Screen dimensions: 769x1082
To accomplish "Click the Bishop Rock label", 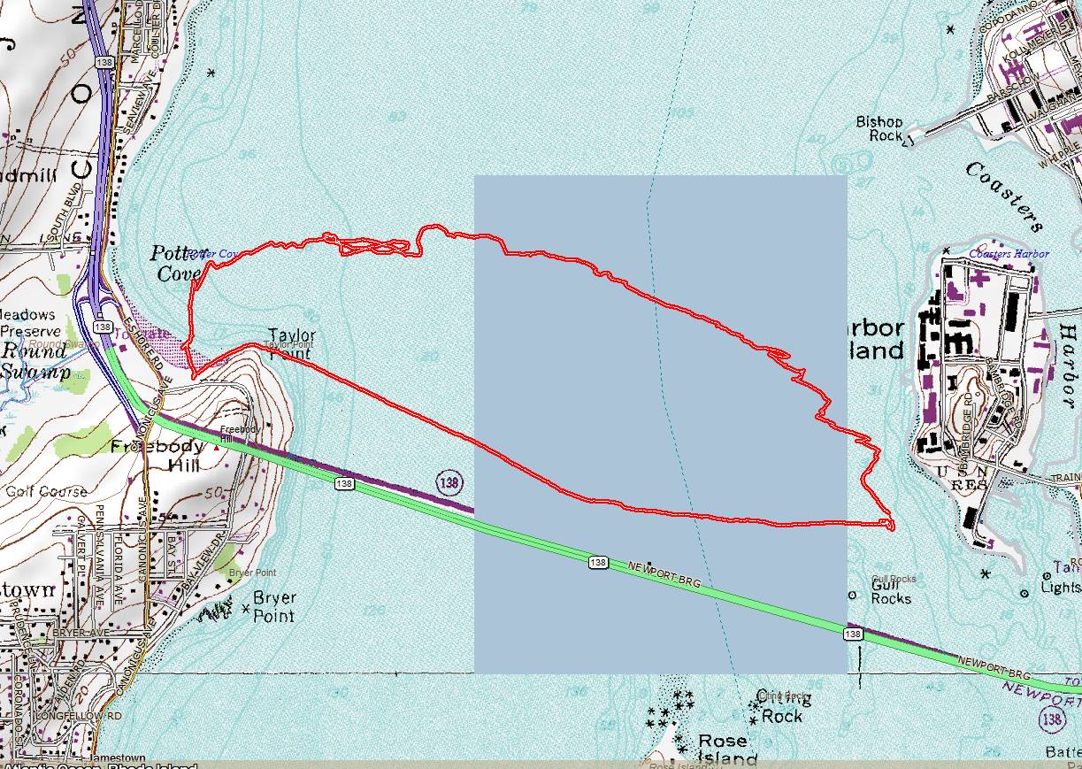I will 879,128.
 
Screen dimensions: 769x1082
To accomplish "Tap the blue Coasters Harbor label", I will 1009,254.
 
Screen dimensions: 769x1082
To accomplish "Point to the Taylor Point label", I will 291,344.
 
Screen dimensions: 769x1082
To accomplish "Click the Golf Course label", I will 47,491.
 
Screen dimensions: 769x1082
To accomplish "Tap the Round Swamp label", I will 33,361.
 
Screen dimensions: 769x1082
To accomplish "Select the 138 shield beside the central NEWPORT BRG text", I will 597,563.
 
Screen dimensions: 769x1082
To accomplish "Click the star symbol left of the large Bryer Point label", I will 245,609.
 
